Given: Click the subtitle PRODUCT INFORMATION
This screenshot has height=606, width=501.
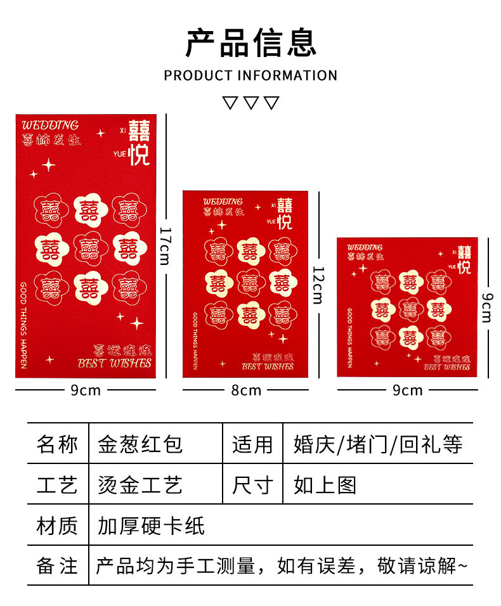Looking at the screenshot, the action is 251,75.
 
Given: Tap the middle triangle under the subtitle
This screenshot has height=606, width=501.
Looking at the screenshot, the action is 251,103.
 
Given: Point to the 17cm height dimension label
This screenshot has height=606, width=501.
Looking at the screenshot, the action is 166,246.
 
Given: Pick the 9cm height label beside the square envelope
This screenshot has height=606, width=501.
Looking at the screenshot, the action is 486,307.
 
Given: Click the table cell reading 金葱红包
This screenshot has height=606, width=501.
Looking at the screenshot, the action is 140,444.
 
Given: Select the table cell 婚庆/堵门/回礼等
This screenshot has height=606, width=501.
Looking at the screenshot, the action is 378,444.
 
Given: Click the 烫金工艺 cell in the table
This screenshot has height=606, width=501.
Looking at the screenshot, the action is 140,485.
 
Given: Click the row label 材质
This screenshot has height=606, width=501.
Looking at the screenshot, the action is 57,525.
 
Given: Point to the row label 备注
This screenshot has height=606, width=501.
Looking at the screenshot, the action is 57,565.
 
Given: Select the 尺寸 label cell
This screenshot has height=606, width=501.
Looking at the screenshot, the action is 252,485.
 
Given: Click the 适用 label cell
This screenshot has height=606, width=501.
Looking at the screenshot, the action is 252,444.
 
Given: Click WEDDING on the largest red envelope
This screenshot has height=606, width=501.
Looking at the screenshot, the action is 50,125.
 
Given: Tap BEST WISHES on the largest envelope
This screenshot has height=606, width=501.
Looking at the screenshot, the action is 115,363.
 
